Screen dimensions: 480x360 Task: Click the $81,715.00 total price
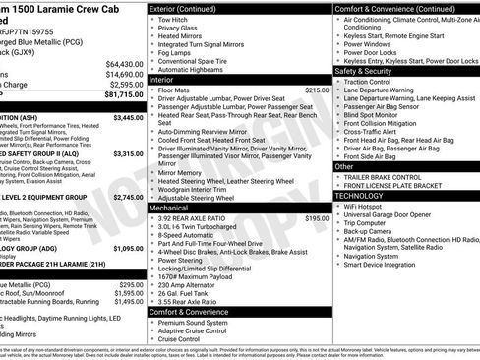[x=116, y=95]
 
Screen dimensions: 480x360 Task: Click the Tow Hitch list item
[x=172, y=20]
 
